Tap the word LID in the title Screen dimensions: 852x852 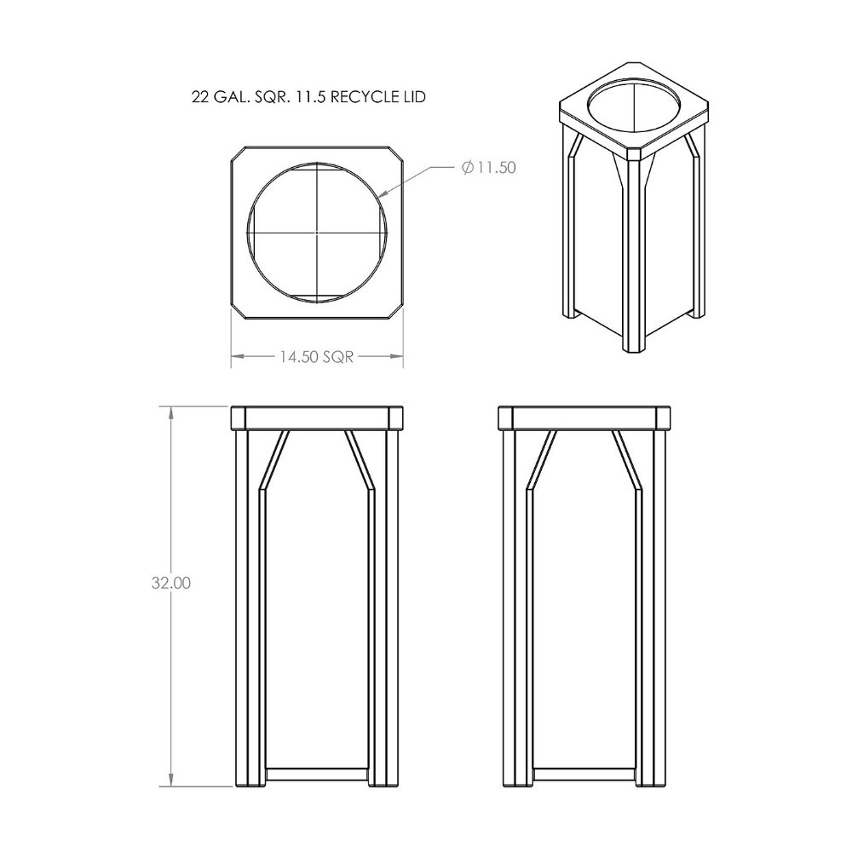click(413, 97)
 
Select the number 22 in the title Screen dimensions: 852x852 click(201, 97)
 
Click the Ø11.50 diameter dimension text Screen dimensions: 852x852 click(489, 167)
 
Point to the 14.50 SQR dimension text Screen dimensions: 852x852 click(316, 357)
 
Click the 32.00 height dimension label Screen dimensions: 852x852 click(171, 584)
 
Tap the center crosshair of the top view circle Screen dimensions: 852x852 click(317, 231)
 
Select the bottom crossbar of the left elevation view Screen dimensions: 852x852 click(317, 774)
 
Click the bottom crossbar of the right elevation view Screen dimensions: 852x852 click(584, 774)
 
